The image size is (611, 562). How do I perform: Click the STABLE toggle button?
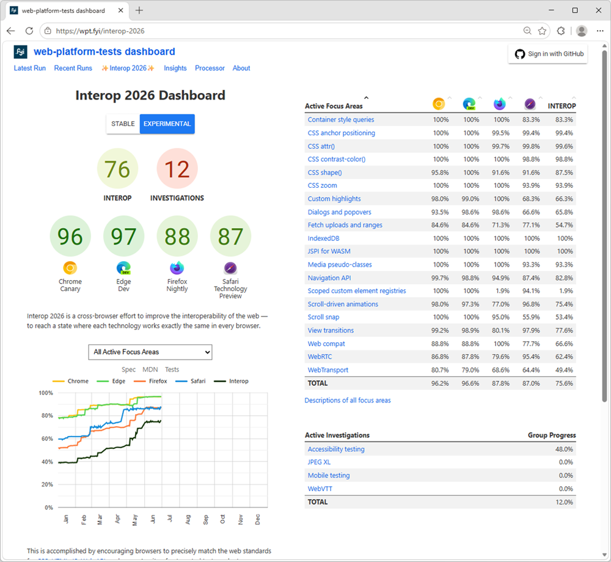[x=123, y=124]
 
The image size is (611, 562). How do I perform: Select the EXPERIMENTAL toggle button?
[x=167, y=124]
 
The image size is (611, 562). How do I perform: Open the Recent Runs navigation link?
[x=73, y=68]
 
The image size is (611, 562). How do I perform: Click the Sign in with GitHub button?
[x=548, y=54]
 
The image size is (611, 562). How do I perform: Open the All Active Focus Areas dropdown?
[x=150, y=352]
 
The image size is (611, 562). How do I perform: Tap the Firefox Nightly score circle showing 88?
[x=177, y=236]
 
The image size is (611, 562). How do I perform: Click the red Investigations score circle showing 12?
[x=177, y=169]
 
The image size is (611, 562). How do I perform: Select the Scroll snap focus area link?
[x=323, y=317]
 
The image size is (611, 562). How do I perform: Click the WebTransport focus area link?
[x=328, y=370]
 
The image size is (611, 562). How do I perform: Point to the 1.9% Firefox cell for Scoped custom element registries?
[x=503, y=291]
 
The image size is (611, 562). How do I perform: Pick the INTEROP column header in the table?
[x=562, y=106]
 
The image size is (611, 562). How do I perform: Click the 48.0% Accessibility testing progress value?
[x=564, y=449]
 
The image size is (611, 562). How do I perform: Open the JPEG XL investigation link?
[x=319, y=462]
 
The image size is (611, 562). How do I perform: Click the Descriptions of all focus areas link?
[x=348, y=400]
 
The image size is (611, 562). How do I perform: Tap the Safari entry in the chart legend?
[x=191, y=381]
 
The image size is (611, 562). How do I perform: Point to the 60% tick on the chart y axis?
[x=47, y=438]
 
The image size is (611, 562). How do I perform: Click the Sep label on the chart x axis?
[x=206, y=520]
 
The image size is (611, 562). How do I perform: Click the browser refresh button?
[x=29, y=31]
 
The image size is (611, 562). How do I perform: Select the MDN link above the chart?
[x=150, y=369]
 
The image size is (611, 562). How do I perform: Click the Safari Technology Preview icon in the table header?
[x=530, y=104]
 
